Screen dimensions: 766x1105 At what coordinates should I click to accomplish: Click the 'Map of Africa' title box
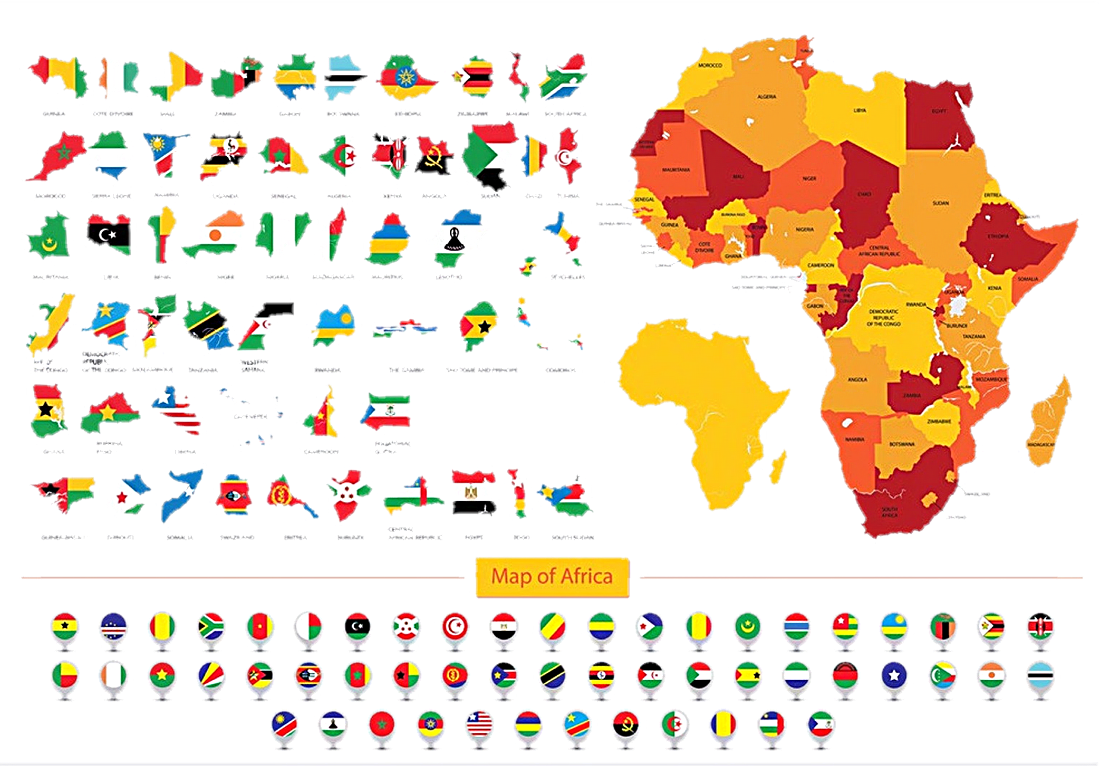coord(552,577)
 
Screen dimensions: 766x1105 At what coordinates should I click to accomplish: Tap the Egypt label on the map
coord(939,111)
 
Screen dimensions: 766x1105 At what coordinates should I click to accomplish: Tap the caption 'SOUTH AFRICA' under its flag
coord(565,114)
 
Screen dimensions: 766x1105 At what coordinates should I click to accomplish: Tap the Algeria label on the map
coord(766,97)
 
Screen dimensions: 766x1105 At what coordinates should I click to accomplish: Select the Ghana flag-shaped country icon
coord(47,411)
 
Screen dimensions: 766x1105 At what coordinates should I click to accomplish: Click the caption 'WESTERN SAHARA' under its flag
coord(253,366)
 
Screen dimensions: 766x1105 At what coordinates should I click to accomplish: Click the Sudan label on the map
coord(940,204)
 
